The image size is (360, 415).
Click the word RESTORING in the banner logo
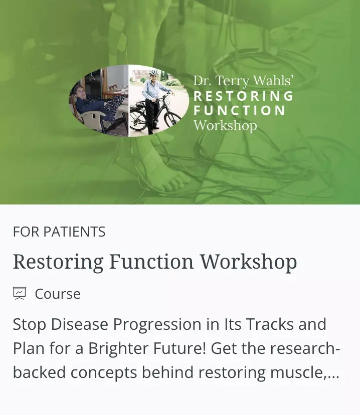[244, 96]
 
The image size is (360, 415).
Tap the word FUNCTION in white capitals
[240, 110]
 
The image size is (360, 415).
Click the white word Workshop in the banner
[225, 125]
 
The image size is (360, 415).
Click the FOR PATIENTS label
[59, 232]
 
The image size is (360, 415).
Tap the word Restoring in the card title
[58, 262]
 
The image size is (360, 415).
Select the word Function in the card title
[152, 262]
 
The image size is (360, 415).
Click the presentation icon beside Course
[20, 293]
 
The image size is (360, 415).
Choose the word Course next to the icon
[58, 294]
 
